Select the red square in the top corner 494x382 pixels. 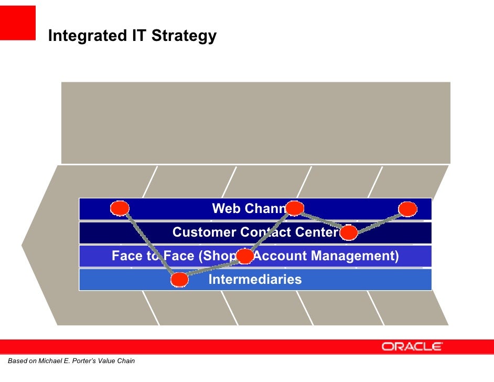click(18, 23)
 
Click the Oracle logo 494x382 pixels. click(412, 346)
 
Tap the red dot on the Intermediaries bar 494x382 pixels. click(179, 280)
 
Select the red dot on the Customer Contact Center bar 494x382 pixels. click(349, 232)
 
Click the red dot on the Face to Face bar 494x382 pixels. click(245, 256)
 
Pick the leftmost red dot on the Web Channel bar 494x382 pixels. click(120, 208)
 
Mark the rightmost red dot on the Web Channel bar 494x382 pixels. click(407, 209)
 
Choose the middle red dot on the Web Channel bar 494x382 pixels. click(295, 208)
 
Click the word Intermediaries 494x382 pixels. click(255, 279)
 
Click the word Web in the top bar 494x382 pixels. click(226, 208)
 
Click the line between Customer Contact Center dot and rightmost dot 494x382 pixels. click(378, 221)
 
